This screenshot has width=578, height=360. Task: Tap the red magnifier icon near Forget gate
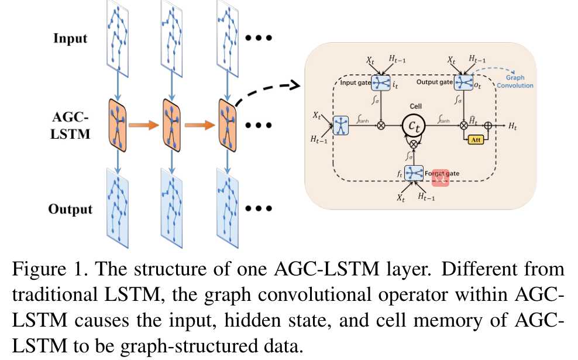coord(439,179)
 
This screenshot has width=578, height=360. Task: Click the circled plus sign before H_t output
coord(487,125)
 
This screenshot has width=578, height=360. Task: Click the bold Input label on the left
coord(70,39)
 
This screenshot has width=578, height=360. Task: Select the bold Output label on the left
coord(70,209)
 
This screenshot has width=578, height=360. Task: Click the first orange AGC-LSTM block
coord(119,124)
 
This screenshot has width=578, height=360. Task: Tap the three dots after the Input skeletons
coord(259,39)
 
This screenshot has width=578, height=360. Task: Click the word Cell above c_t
coord(415,107)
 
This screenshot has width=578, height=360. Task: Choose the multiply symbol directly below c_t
coord(415,144)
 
